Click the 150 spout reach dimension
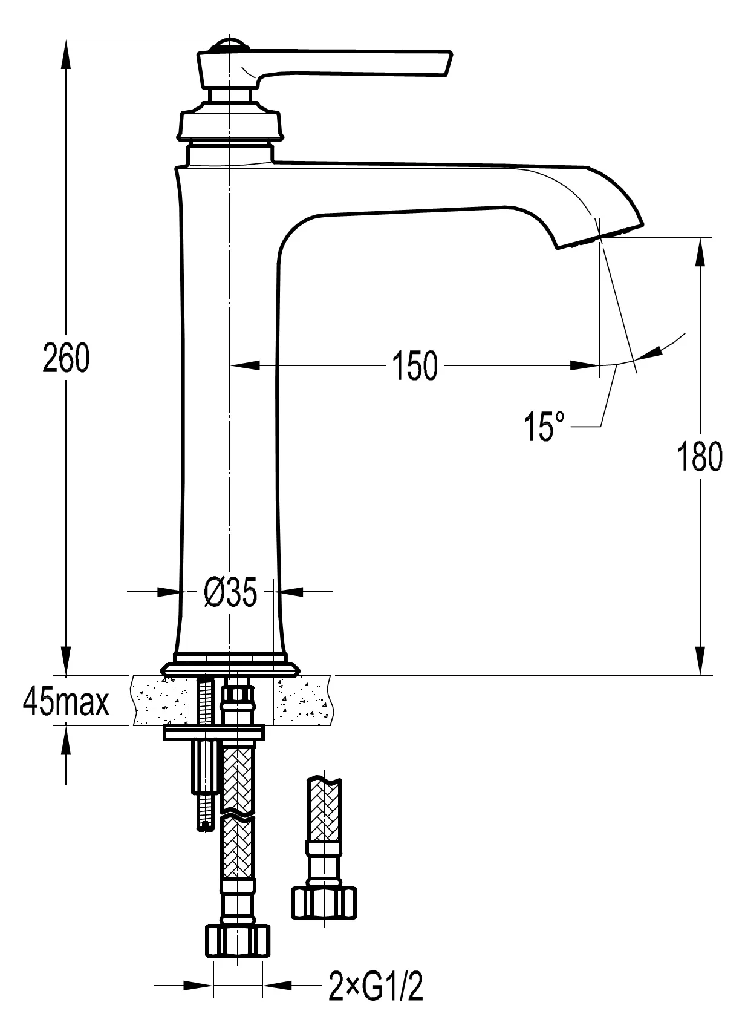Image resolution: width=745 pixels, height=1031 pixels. (415, 366)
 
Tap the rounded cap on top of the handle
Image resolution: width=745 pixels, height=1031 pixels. (230, 44)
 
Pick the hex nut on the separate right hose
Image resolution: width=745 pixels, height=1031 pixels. (324, 903)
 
